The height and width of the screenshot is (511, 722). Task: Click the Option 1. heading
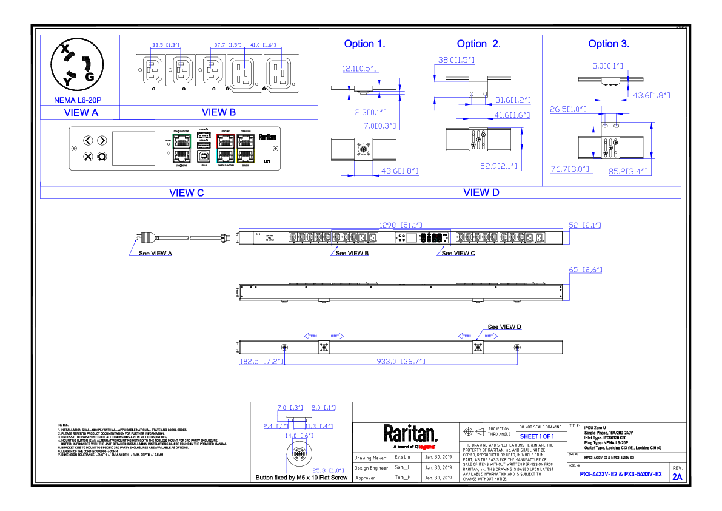point(364,44)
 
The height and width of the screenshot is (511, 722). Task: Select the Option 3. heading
point(609,44)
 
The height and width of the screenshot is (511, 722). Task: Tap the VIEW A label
point(81,112)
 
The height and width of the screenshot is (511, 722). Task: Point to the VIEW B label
point(218,112)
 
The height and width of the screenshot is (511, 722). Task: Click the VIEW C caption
point(187,193)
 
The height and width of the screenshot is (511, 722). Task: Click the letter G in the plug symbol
point(90,76)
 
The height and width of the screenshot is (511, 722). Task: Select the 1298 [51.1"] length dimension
point(399,225)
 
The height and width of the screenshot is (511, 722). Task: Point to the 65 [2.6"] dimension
point(585,269)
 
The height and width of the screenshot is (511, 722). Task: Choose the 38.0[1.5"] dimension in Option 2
point(456,60)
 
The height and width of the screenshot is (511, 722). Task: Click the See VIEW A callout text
point(155,253)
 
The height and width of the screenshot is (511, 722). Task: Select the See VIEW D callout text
point(504,327)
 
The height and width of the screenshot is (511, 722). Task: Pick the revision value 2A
point(677,477)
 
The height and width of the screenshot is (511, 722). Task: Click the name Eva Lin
point(403,458)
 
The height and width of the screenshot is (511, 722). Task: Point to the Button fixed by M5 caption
point(301,478)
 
